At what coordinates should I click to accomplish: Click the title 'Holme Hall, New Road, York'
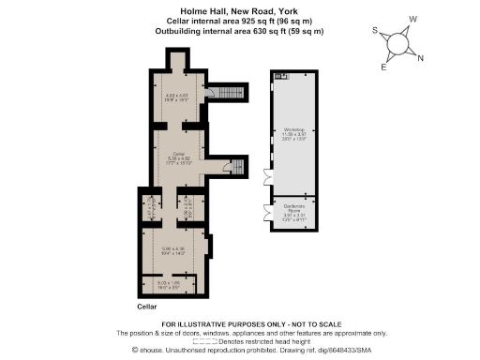tap(239, 9)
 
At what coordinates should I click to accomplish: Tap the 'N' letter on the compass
tap(419, 58)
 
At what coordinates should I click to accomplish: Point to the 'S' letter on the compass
tap(376, 30)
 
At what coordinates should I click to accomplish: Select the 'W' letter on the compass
tap(413, 18)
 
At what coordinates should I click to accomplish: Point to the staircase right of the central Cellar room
tap(228, 168)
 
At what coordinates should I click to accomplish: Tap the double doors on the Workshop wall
tap(267, 177)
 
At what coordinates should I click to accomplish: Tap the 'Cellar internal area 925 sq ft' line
tap(239, 21)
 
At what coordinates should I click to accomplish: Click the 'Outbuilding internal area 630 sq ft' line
tap(239, 31)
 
